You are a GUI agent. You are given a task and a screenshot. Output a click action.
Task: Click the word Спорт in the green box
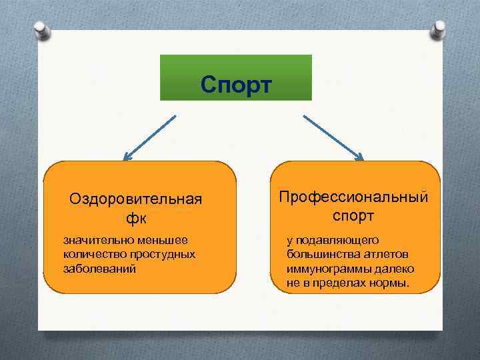pos(236,85)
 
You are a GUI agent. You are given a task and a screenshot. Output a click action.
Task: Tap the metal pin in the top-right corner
pos(439,29)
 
